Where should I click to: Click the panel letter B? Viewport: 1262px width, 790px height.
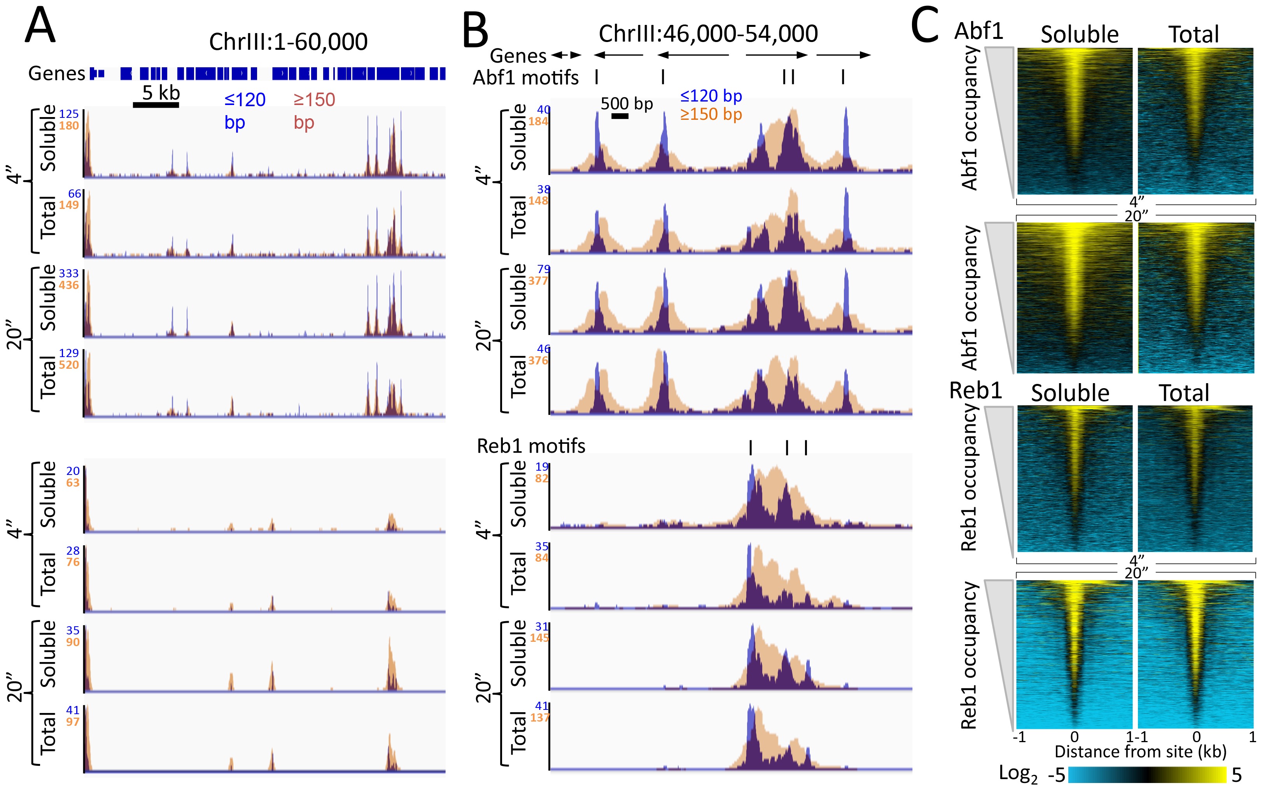pos(475,32)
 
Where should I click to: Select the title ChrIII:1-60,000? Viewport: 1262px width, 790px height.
pos(288,42)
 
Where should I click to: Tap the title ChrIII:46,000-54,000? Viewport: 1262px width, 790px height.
pos(708,34)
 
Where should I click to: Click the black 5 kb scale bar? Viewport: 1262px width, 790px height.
pos(156,105)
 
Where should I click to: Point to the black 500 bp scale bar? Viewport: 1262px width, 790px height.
pos(620,116)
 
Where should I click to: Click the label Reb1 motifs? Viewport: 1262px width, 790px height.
pos(531,446)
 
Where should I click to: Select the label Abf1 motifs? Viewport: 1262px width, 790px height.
pos(525,78)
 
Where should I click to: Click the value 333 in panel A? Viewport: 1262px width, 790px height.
pos(68,273)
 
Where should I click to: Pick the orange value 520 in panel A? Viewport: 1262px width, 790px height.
pos(68,365)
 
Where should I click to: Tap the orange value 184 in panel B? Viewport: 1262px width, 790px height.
pos(539,121)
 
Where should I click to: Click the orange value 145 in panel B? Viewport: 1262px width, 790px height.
pos(539,638)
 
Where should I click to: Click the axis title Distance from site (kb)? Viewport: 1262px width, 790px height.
pos(1140,751)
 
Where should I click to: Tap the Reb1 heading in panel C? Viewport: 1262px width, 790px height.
pos(975,390)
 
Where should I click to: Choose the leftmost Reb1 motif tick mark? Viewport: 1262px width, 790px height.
pos(751,448)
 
